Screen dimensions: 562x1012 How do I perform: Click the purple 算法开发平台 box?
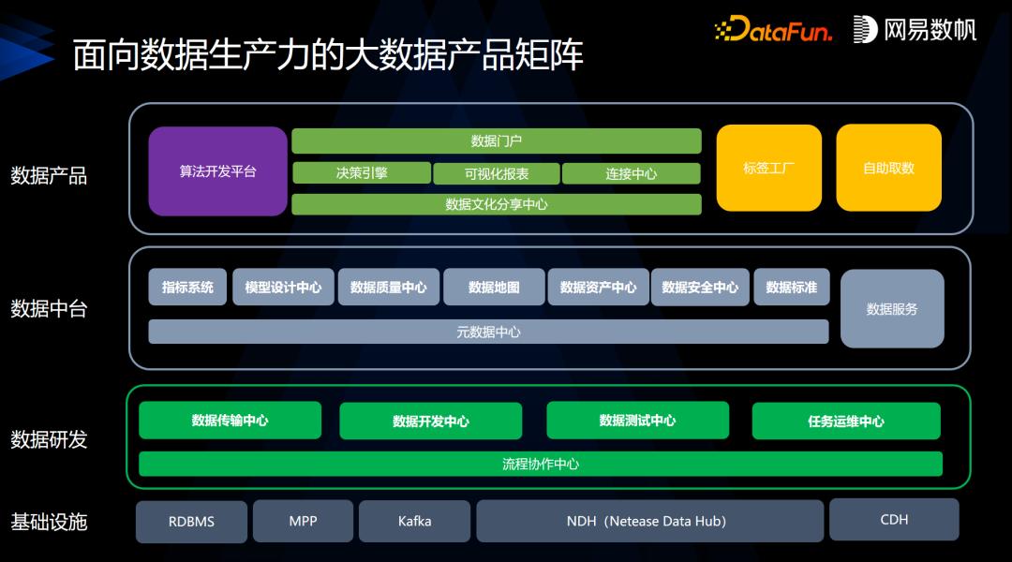pos(217,171)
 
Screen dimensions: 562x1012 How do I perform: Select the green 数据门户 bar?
pos(496,141)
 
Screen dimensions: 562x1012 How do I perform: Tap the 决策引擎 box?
pos(361,173)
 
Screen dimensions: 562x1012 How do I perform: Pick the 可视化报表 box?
pos(496,173)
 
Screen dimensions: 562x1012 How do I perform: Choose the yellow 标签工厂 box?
pos(768,169)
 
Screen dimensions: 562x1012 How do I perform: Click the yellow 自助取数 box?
pos(888,169)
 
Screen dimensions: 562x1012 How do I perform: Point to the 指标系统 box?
pos(187,288)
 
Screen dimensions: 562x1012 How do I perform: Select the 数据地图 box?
pos(494,288)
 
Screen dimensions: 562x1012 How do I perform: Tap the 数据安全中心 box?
pos(700,288)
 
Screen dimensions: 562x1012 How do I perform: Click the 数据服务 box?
pos(892,309)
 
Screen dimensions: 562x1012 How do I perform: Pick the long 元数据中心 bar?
pos(488,332)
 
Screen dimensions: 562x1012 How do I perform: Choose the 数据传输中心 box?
pos(230,421)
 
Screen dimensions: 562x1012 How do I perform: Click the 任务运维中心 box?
pos(846,421)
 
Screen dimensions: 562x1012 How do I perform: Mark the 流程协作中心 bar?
pos(541,464)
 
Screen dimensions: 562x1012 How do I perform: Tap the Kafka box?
pos(414,521)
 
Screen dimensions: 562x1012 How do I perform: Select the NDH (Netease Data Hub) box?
pos(649,521)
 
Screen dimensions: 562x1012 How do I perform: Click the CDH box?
pos(894,519)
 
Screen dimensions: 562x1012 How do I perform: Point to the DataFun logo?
pos(773,30)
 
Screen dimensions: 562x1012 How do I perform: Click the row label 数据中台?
pos(49,308)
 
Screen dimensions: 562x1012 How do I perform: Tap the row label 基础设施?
pos(49,522)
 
